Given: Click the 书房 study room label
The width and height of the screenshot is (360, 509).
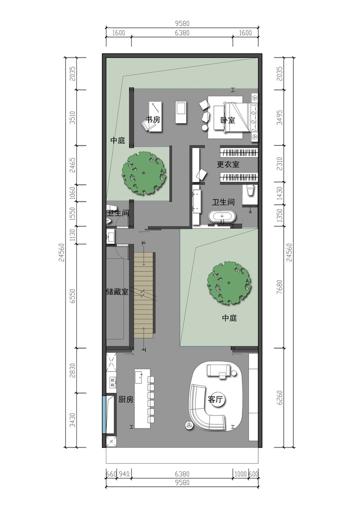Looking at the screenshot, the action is click(x=153, y=120).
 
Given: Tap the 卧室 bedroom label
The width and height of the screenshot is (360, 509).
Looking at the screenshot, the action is click(x=228, y=120).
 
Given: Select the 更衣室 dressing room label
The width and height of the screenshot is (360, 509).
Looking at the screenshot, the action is click(x=228, y=164).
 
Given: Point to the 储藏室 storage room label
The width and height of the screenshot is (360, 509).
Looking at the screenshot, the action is click(x=117, y=292).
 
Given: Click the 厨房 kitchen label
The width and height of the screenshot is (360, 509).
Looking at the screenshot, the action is click(x=126, y=399).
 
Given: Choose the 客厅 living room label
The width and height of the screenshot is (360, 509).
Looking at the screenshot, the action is click(x=215, y=399).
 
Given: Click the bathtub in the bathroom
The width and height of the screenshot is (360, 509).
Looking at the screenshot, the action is click(x=222, y=217).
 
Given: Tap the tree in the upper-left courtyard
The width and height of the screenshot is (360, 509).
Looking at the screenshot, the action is click(x=144, y=174).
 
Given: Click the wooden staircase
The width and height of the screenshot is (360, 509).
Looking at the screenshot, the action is click(x=144, y=295).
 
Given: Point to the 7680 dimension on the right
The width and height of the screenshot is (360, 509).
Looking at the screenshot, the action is click(x=280, y=287).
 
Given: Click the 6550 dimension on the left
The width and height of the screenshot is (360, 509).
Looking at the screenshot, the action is click(x=72, y=296).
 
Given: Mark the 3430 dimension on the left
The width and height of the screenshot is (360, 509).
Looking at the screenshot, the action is click(x=72, y=420).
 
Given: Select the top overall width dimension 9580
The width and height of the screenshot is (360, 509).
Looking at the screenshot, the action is click(x=182, y=23).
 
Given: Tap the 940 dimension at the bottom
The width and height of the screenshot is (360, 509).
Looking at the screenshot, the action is click(x=124, y=474).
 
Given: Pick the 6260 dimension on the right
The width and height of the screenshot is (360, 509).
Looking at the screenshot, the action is click(x=280, y=398).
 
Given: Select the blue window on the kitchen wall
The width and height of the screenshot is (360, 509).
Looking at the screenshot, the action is click(x=104, y=415).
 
